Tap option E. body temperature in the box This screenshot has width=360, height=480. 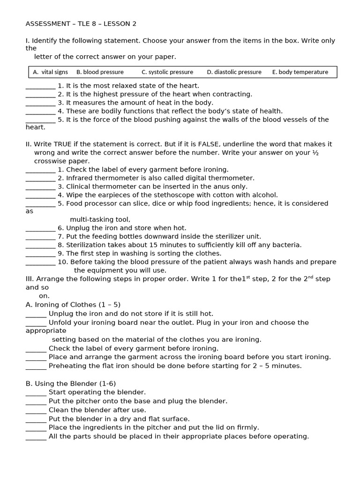coord(300,72)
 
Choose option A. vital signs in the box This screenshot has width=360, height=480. coord(50,72)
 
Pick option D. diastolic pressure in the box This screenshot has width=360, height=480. coord(234,72)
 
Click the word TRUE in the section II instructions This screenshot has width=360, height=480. coord(64,144)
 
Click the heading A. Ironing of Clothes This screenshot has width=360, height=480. coord(73,305)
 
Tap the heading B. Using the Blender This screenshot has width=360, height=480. coord(70,383)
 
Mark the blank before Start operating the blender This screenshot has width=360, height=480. coord(36,393)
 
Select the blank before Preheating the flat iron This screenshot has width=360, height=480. coord(36,367)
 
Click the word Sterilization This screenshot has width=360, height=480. coord(88,245)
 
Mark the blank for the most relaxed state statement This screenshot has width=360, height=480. coord(40,86)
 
